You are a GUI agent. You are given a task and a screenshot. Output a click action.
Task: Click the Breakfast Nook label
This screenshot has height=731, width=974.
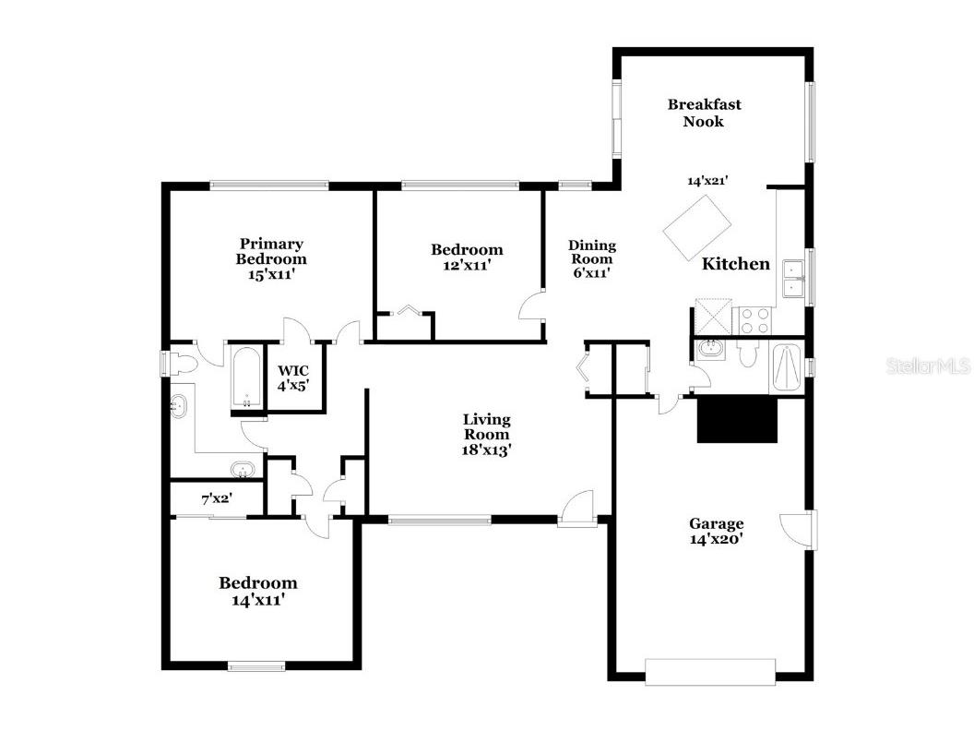click(704, 113)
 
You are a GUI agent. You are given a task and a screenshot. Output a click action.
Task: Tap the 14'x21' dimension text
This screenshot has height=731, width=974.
click(707, 181)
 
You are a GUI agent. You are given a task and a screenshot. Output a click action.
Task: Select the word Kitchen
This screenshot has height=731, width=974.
click(735, 264)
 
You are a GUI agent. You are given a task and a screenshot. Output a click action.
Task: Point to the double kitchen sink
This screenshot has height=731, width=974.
click(792, 279)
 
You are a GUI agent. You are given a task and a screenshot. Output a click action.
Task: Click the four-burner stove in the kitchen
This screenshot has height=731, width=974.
click(754, 319)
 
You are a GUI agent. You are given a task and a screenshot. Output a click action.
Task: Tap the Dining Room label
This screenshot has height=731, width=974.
click(591, 258)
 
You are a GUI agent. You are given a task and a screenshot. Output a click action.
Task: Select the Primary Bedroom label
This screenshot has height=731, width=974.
click(271, 258)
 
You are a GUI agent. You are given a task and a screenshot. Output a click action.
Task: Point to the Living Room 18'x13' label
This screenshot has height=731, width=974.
click(486, 435)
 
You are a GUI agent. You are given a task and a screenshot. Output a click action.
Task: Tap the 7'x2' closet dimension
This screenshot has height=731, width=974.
click(217, 499)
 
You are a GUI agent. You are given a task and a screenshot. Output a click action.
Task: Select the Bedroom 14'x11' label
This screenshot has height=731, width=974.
click(257, 591)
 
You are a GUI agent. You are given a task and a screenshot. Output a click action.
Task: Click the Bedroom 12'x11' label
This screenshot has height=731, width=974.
click(467, 257)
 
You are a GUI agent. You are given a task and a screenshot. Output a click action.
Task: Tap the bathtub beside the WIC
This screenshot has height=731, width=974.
click(247, 378)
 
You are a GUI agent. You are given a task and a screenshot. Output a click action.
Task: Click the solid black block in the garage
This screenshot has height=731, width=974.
click(737, 420)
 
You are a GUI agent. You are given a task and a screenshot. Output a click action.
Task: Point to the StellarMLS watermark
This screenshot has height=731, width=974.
click(928, 366)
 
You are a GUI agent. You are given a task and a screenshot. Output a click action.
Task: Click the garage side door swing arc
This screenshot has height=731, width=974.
click(795, 528)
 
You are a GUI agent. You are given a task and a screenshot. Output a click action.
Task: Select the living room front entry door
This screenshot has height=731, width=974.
click(577, 509)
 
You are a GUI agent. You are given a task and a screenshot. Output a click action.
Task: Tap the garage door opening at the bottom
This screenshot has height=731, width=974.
click(710, 671)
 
